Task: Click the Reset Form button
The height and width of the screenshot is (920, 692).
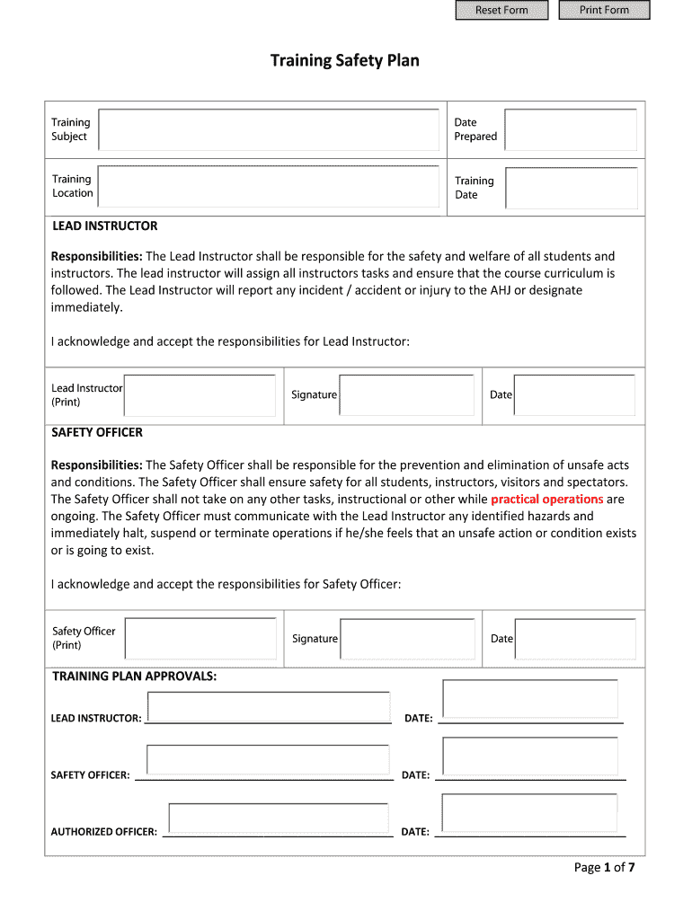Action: pyautogui.click(x=501, y=10)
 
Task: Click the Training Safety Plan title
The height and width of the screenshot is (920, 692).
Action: pyautogui.click(x=345, y=61)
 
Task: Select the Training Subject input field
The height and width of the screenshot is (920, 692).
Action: pyautogui.click(x=268, y=129)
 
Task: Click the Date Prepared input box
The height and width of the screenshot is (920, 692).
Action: pyautogui.click(x=571, y=129)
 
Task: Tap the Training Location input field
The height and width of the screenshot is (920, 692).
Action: pyautogui.click(x=268, y=186)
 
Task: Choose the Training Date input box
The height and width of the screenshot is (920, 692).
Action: pyautogui.click(x=571, y=187)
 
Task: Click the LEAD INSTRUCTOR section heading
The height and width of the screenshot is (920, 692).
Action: pyautogui.click(x=104, y=226)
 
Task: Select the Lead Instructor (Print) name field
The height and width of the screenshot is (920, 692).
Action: pyautogui.click(x=200, y=395)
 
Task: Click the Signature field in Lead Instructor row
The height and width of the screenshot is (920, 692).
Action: pyautogui.click(x=406, y=395)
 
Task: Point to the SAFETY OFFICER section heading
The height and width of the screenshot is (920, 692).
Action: pyautogui.click(x=97, y=432)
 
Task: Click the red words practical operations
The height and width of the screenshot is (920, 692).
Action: pyautogui.click(x=546, y=499)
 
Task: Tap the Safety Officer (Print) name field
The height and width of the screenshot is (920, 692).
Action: pyautogui.click(x=200, y=639)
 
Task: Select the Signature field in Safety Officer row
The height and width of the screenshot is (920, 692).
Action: pyautogui.click(x=407, y=639)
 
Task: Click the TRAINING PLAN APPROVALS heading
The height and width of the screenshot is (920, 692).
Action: pyautogui.click(x=134, y=676)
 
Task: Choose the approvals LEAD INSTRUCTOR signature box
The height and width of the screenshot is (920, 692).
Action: pyautogui.click(x=268, y=706)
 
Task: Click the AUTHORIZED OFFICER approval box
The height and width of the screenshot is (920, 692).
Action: pyautogui.click(x=279, y=818)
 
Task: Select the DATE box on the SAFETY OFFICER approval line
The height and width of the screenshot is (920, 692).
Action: pyautogui.click(x=530, y=756)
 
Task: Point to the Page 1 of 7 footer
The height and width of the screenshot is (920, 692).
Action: pyautogui.click(x=605, y=867)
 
